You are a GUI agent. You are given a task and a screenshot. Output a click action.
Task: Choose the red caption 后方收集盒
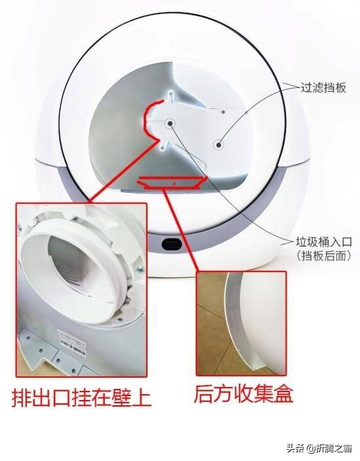click(243, 393)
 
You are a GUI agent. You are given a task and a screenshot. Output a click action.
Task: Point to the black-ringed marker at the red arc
click(170, 122)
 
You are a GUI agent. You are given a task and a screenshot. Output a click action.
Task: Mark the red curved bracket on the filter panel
click(151, 118)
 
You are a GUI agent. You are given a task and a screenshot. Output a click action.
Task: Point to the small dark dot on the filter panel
click(224, 112)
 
